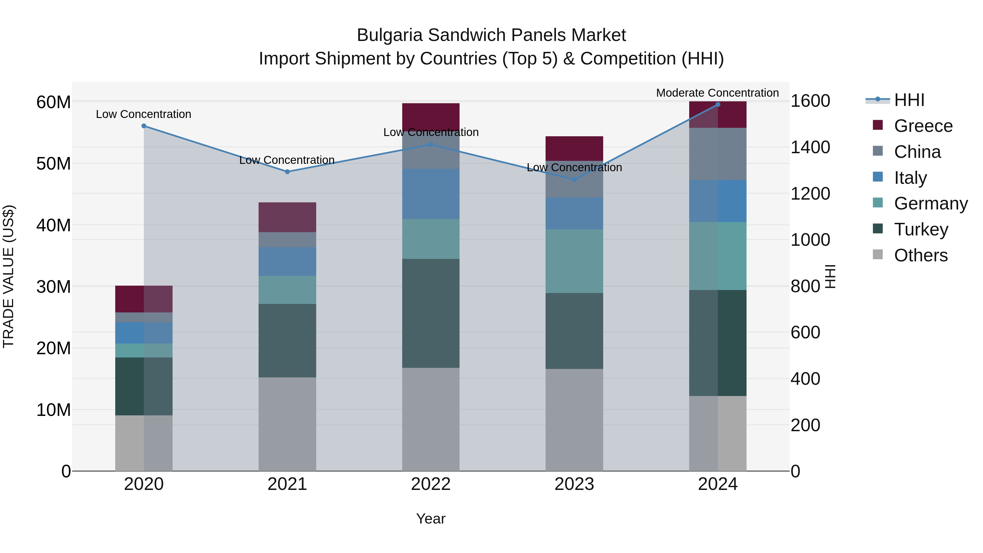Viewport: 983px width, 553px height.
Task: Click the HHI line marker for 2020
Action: coord(144,126)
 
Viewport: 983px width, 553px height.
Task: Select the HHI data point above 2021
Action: coord(287,172)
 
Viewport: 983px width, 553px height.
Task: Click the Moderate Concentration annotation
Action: coord(717,93)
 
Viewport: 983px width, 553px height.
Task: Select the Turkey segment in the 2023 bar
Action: coord(574,331)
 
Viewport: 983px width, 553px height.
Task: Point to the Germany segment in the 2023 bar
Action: coord(574,261)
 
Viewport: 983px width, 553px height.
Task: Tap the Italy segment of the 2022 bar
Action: coord(431,194)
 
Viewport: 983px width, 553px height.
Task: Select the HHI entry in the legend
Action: coord(909,100)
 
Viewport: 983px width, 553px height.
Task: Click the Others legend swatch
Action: coord(878,255)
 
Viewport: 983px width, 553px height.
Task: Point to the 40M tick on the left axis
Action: coord(54,225)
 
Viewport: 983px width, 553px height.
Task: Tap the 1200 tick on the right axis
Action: coord(810,194)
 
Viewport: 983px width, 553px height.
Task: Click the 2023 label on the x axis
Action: coord(574,484)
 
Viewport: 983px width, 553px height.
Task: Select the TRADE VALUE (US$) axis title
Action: coord(8,276)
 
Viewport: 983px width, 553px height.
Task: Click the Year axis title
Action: coord(431,519)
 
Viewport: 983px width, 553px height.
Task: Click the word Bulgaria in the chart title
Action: coord(389,35)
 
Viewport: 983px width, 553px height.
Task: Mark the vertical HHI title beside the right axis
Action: coord(830,276)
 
